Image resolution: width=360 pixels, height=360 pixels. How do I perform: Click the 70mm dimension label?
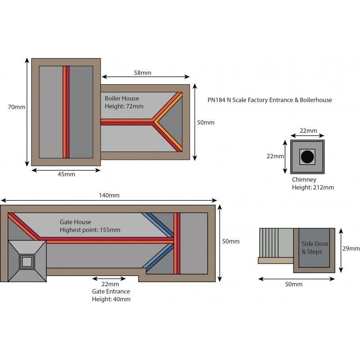point(16,107)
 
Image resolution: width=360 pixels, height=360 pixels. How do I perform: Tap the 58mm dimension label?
point(143,73)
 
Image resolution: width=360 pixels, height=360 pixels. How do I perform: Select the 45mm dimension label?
point(67,174)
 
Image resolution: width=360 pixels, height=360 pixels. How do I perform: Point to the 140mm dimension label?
point(109,195)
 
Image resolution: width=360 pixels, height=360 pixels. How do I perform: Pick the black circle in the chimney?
point(307,157)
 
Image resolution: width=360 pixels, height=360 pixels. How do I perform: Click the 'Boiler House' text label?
point(122,98)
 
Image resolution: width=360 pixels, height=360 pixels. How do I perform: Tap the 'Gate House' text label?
point(75,222)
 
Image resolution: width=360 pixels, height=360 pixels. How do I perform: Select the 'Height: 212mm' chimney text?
point(313,188)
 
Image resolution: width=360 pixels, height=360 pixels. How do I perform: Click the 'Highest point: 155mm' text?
point(90,230)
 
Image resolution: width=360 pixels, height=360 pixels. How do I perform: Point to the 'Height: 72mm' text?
point(124,106)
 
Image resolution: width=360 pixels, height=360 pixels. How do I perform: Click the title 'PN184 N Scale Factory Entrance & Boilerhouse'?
point(270,100)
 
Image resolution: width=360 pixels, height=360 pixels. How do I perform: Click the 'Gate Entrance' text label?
point(111,291)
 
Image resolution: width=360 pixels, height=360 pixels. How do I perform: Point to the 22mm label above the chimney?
point(308,131)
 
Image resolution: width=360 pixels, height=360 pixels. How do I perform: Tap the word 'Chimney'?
point(304,180)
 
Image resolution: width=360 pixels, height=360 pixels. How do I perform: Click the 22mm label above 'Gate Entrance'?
point(110,284)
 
